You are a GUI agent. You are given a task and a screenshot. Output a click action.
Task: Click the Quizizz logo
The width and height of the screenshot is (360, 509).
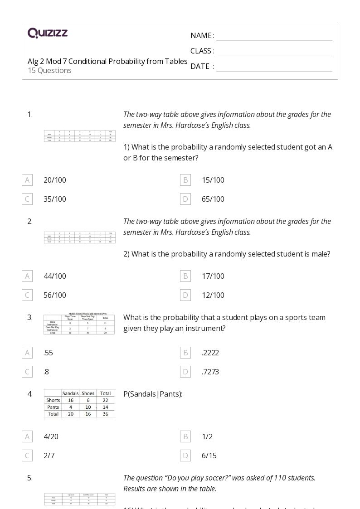48,33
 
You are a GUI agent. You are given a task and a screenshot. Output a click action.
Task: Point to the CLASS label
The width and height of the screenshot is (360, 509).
202,51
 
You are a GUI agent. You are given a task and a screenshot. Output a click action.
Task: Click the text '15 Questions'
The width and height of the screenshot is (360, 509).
49,70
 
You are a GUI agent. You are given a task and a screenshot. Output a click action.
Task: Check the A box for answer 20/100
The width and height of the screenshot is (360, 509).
27,180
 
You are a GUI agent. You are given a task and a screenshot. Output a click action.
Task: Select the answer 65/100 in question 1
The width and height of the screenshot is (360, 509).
213,199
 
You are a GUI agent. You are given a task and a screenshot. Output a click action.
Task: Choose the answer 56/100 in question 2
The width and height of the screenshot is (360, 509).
54,295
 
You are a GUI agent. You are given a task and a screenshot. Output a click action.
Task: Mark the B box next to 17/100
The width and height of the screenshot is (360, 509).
185,276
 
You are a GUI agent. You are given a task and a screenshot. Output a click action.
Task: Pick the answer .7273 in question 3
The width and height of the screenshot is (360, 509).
210,372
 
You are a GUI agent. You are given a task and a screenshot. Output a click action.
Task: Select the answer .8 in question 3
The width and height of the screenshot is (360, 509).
46,372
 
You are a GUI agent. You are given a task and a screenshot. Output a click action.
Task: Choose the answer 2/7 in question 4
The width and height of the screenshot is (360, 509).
49,456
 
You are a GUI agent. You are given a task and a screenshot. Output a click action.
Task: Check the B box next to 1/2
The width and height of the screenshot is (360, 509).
185,436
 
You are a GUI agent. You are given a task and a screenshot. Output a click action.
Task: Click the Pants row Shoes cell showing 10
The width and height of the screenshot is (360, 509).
88,407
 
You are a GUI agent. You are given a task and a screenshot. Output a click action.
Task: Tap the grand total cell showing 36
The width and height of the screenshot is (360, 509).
105,414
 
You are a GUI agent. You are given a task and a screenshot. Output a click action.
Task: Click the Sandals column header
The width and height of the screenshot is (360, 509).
70,393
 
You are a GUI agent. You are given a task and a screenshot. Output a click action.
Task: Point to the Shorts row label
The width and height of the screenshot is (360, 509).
53,400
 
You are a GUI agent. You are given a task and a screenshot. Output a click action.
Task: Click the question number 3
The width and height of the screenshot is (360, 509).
30,317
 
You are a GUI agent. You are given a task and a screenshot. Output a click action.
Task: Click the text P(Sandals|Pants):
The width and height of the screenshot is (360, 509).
153,394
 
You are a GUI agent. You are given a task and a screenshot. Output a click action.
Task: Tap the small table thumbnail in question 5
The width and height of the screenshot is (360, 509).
79,499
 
